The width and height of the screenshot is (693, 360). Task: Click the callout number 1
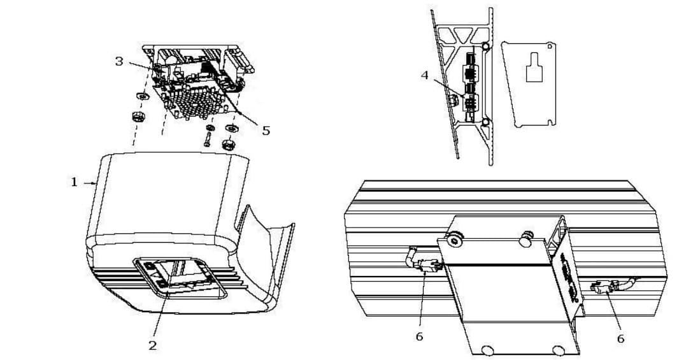pos(74,182)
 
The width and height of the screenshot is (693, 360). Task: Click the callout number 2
pos(153,345)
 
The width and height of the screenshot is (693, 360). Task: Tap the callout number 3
pos(119,61)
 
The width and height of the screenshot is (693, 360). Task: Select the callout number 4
pos(425,75)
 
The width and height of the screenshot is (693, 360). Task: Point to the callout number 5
pos(266,131)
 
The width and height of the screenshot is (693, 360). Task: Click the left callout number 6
pos(419,336)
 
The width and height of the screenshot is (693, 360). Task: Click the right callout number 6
pos(620,338)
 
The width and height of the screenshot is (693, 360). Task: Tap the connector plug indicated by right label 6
pos(602,288)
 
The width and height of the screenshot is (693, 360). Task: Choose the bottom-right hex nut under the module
pos(227,145)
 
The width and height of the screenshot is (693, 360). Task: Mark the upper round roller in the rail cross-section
pos(486,47)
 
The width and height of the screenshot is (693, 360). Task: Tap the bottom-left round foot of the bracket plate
pos(489,350)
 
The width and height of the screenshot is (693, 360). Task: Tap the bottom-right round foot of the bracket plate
pos(559,350)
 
